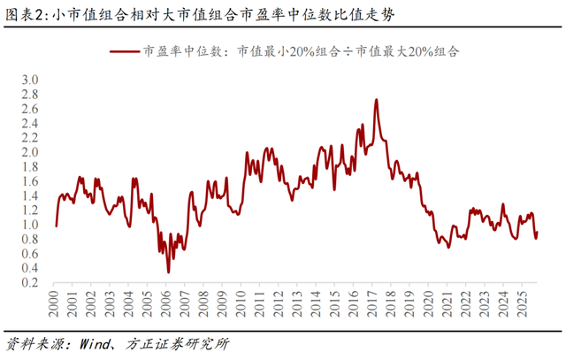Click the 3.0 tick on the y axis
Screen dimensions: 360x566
[31, 80]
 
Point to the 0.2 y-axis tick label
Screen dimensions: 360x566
[31, 283]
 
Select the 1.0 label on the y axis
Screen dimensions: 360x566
[31, 225]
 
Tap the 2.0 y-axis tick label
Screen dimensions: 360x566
[31, 152]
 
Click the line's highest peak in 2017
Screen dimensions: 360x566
[377, 100]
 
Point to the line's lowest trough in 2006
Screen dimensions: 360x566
[169, 272]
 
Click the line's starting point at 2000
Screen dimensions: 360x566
[56, 226]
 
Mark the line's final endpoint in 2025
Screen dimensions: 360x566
[537, 232]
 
